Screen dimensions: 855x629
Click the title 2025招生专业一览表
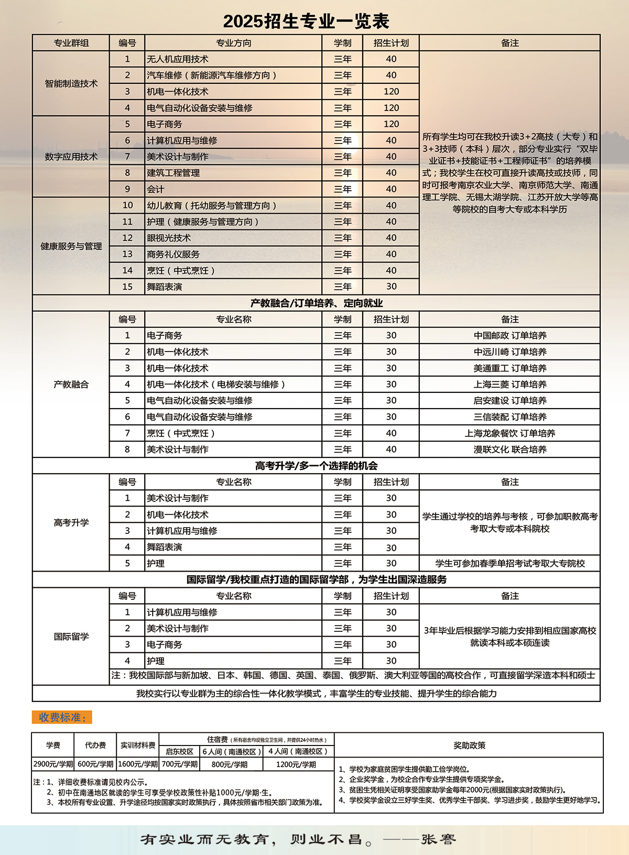pos(306,21)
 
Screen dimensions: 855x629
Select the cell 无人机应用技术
pos(178,59)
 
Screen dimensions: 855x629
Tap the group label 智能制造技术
pos(71,84)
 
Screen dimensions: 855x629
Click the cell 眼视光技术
pos(169,238)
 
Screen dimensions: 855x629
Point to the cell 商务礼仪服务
pos(173,254)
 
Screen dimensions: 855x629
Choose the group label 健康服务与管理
pos(71,246)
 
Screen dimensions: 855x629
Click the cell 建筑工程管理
pos(173,173)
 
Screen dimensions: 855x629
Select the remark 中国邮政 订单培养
pos(509,335)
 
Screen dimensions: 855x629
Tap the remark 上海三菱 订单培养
pos(509,384)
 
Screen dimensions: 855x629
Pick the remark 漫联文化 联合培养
pos(509,450)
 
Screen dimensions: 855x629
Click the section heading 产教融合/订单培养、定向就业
pos(316,303)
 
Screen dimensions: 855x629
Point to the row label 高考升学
pos(71,522)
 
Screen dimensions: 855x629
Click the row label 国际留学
pos(71,637)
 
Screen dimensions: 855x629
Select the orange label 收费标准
pos(62,717)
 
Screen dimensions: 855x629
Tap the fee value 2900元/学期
pos(53,764)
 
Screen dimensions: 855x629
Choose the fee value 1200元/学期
pos(296,764)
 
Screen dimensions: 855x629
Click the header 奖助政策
pos(469,746)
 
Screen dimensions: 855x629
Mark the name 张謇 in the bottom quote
pos(438,839)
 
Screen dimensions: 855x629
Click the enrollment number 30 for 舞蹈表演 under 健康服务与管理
pos(391,287)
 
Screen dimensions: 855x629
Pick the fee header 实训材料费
pos(138,746)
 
